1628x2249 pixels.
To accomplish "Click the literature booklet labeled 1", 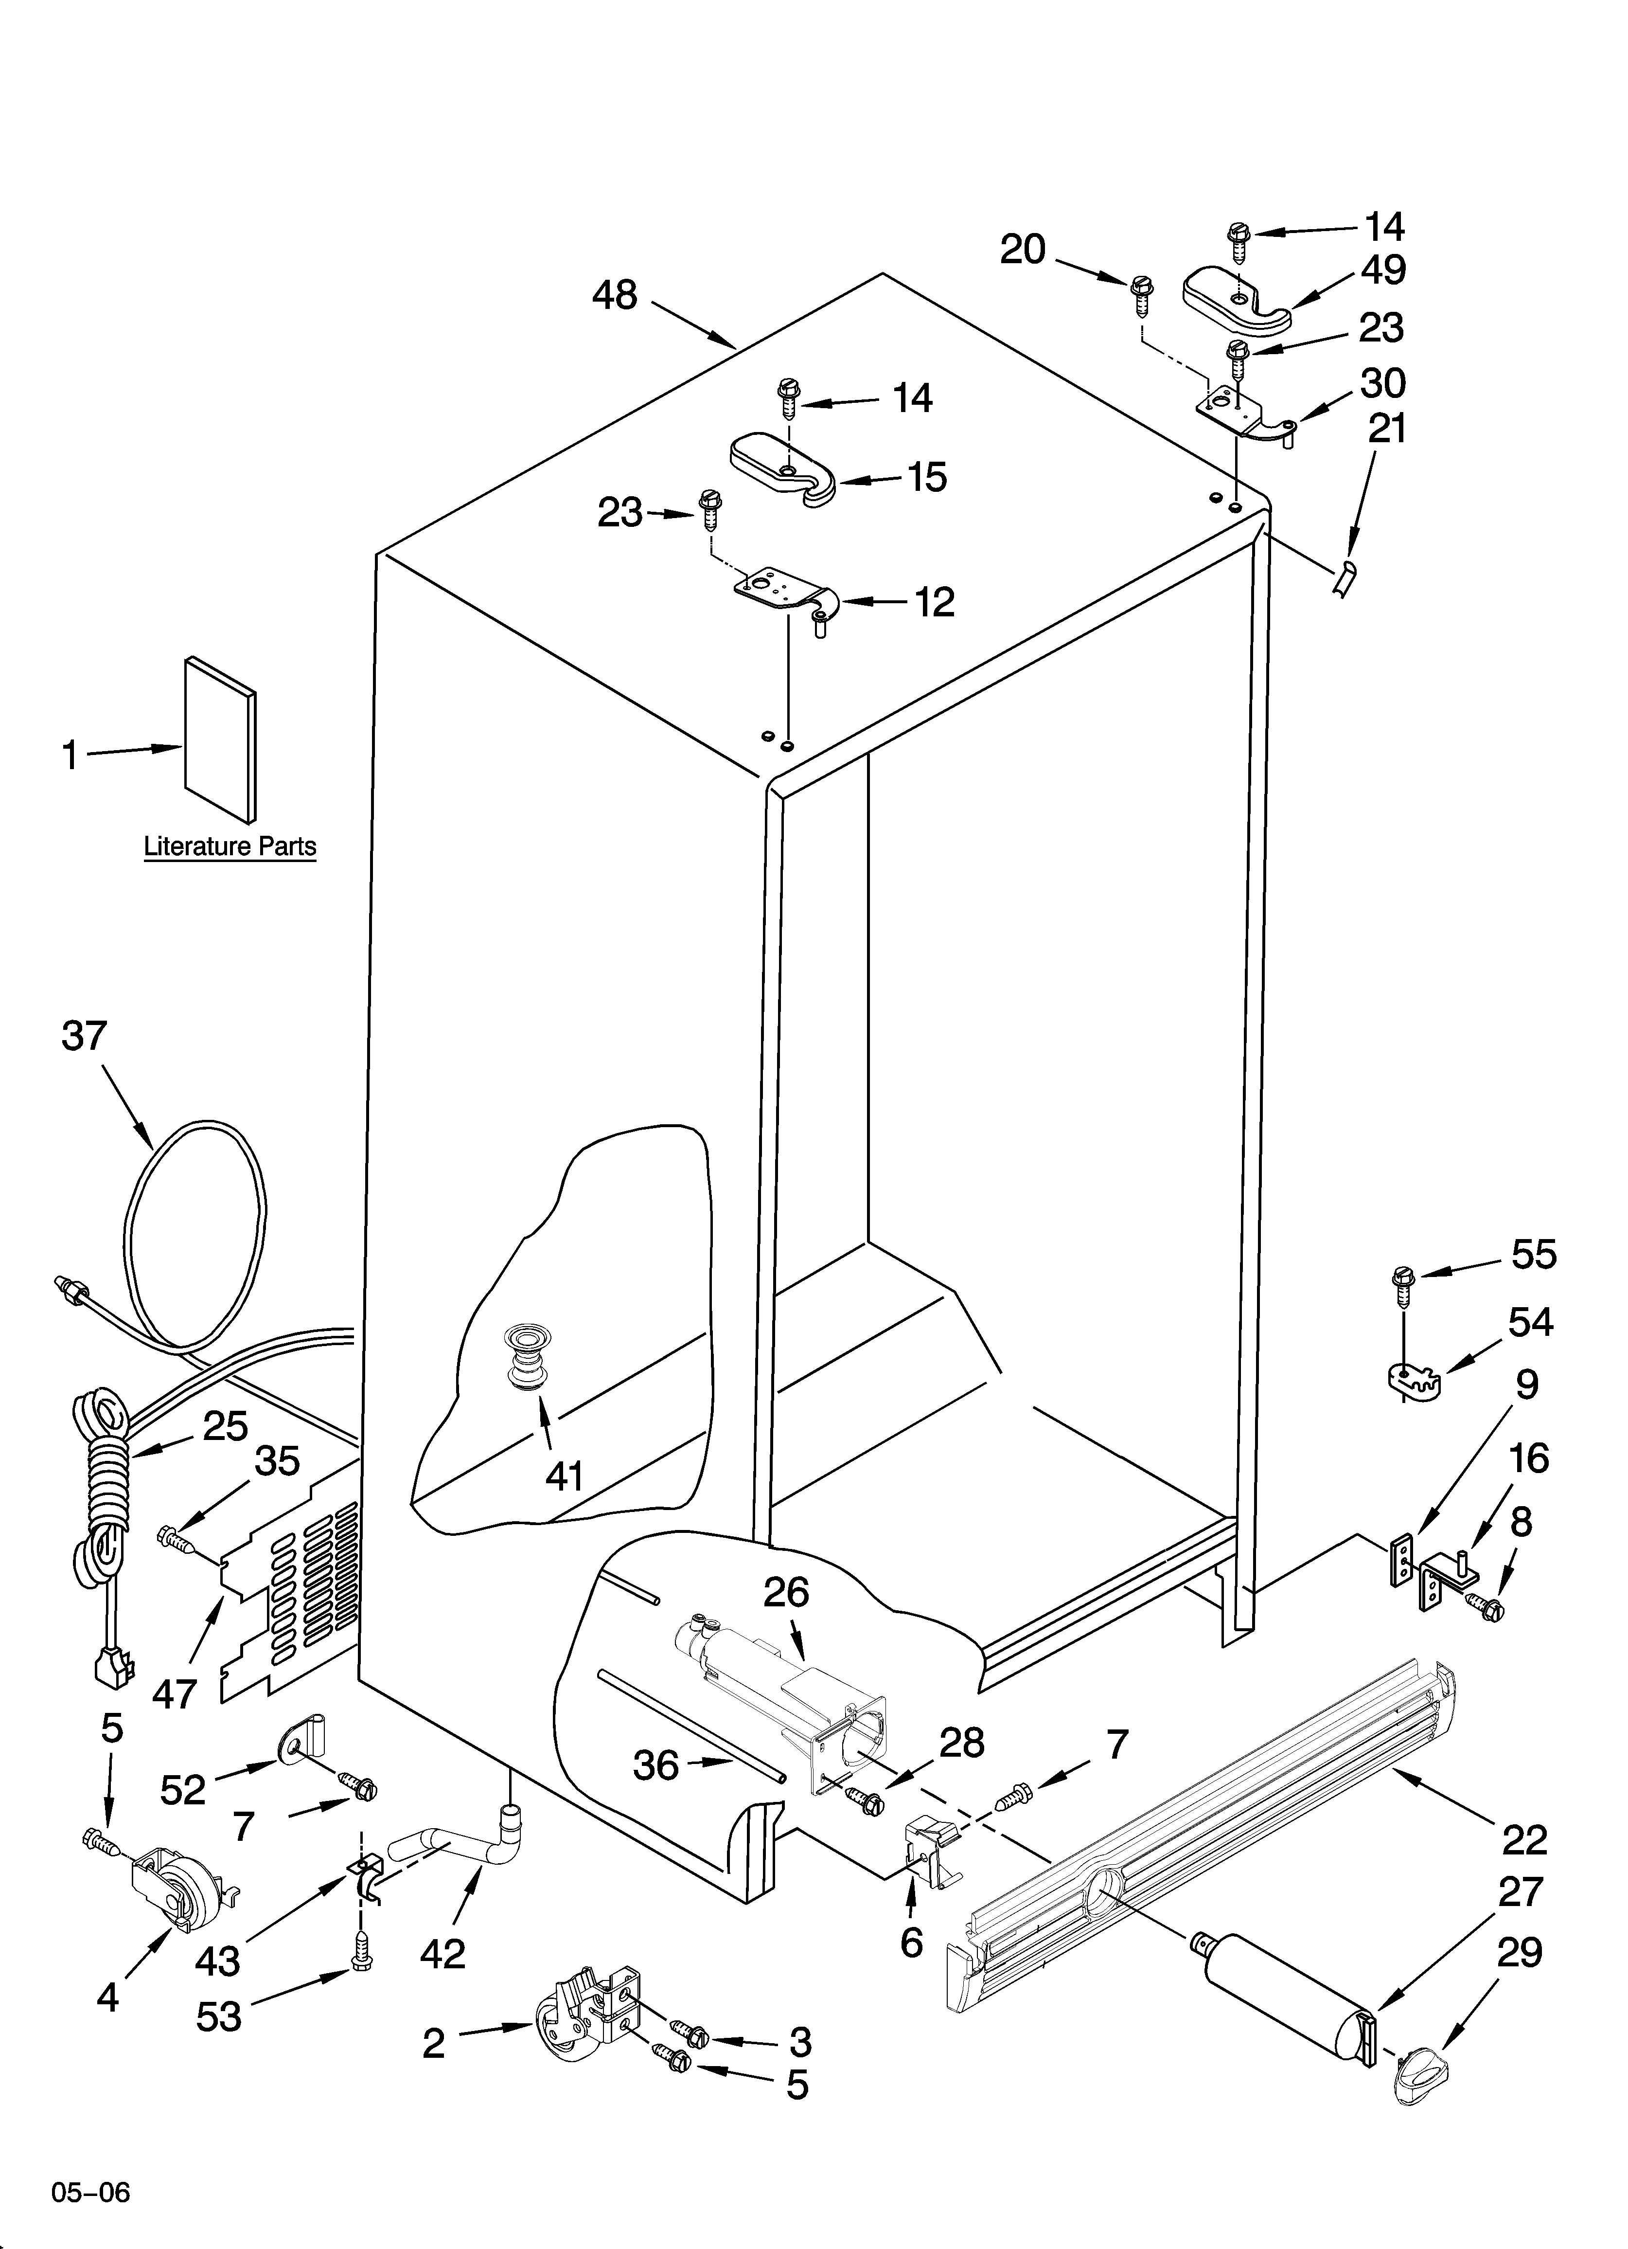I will pyautogui.click(x=220, y=739).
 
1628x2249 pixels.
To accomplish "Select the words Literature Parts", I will pyautogui.click(x=230, y=846).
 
